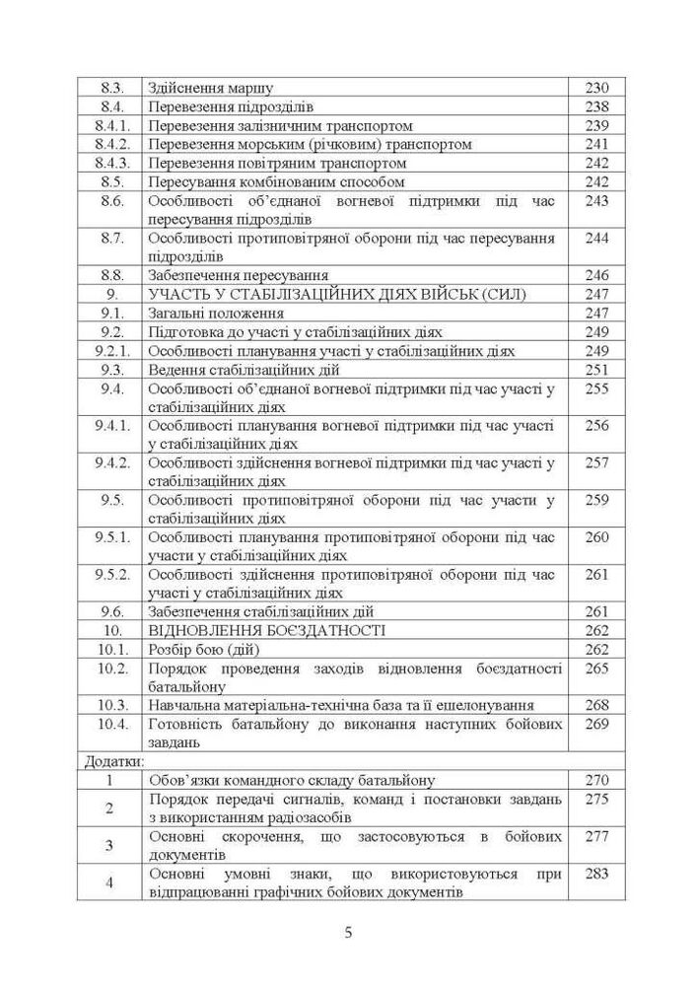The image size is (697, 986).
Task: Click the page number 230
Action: click(597, 88)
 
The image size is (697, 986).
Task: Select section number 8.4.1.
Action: click(112, 126)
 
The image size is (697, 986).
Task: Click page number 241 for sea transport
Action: click(597, 145)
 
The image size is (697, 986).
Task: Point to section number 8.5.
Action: click(112, 182)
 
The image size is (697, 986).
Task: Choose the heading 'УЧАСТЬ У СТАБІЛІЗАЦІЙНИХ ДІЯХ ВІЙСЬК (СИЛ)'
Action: click(338, 294)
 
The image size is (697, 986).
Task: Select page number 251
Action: click(597, 370)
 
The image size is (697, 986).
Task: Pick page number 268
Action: click(597, 705)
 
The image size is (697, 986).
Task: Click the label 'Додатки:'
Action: click(111, 761)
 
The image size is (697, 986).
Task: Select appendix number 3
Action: click(110, 845)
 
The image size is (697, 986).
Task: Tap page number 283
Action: click(597, 874)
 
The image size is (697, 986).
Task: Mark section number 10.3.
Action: click(112, 705)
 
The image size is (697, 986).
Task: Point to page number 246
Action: click(597, 275)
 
